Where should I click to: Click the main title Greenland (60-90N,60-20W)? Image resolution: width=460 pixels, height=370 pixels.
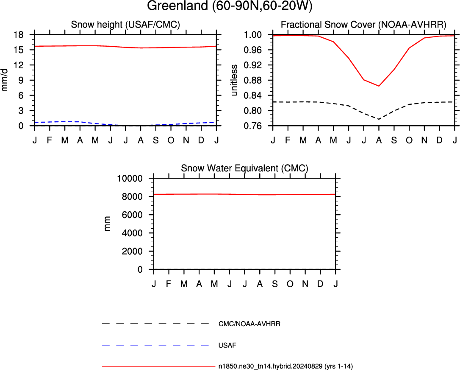tap(230, 6)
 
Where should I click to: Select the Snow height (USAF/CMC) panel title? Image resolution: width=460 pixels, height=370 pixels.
tap(125, 24)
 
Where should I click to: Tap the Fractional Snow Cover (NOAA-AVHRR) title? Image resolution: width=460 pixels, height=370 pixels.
tap(363, 24)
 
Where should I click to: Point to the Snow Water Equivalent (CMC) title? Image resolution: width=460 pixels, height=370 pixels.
tap(245, 168)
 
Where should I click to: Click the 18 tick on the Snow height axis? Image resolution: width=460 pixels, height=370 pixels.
tap(18, 35)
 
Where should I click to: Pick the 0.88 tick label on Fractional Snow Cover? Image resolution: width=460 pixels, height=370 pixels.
tap(253, 80)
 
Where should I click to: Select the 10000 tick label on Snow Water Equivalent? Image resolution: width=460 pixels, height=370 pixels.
tap(130, 178)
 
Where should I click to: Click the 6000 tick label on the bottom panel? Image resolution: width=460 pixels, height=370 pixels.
tap(132, 215)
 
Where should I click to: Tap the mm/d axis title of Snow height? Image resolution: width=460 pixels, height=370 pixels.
tap(4, 80)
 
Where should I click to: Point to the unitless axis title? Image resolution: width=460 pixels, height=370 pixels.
tap(234, 80)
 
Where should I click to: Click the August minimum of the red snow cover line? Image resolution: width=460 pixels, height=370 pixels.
tap(379, 86)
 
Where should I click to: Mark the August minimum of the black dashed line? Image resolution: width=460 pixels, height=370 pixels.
tap(379, 119)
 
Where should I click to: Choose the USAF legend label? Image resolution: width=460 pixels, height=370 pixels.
tap(227, 345)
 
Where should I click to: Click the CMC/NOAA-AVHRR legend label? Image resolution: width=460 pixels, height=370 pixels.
tap(249, 324)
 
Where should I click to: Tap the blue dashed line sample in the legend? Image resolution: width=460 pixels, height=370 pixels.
tap(155, 345)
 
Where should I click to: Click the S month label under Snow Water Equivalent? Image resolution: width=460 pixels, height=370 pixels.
tap(275, 284)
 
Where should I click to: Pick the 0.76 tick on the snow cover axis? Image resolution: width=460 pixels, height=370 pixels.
tap(253, 126)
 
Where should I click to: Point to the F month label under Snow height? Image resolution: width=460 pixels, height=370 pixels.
tap(50, 140)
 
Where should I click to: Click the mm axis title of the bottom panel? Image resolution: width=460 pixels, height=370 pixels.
tap(107, 224)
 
